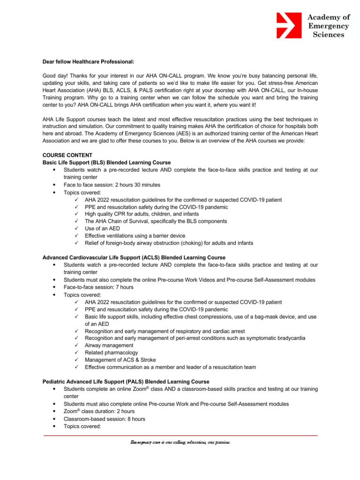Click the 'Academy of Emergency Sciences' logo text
pos(328,26)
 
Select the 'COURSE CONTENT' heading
pos(67,155)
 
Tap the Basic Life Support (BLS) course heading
pos(107,162)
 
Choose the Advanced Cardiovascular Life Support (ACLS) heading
pos(134,258)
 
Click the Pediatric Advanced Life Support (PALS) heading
pos(126,382)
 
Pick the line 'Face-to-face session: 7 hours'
pos(98,287)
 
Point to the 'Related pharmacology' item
pos(111,352)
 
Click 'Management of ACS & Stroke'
pos(120,360)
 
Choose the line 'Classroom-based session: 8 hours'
pos(105,419)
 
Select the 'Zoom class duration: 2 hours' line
pos(99,412)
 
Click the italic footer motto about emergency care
pos(180,442)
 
